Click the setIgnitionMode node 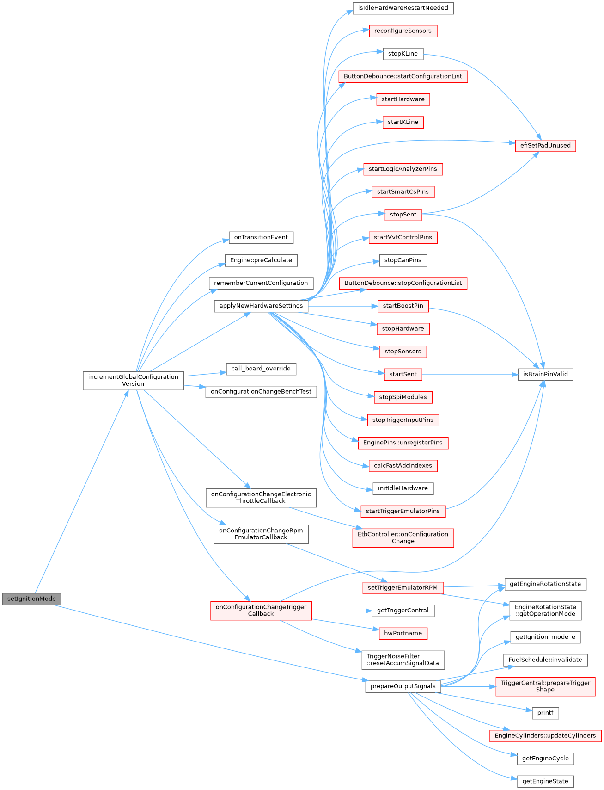click(x=31, y=599)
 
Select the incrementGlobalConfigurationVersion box click(x=133, y=380)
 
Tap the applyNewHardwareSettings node click(x=261, y=306)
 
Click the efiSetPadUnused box click(x=545, y=145)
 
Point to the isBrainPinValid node click(x=545, y=374)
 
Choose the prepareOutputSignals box click(x=403, y=686)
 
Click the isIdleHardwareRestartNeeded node click(x=403, y=8)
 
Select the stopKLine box click(x=403, y=54)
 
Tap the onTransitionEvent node click(x=261, y=237)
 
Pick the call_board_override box click(x=261, y=369)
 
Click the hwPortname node click(x=403, y=633)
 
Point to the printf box click(x=545, y=713)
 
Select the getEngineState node click(x=545, y=781)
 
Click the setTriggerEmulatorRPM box click(x=403, y=587)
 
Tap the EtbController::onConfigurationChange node click(x=403, y=537)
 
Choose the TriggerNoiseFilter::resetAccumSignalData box click(x=403, y=660)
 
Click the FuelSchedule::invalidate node click(x=545, y=660)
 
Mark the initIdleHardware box click(x=403, y=488)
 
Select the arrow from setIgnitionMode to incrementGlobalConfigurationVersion click(x=81, y=492)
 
